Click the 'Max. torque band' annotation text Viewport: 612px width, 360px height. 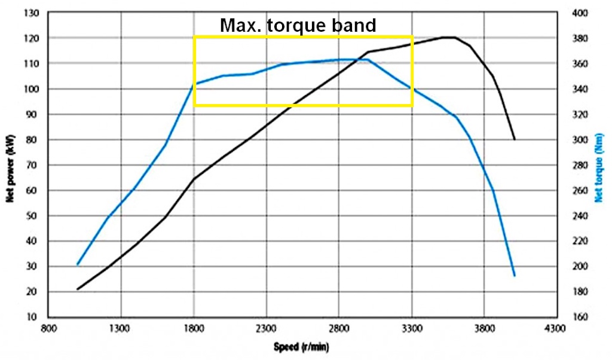(298, 25)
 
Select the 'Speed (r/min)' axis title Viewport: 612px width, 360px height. (301, 346)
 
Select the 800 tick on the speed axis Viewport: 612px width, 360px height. (48, 328)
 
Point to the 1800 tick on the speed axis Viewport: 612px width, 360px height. (194, 328)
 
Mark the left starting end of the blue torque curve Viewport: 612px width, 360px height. (78, 264)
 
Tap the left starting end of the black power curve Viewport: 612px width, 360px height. (78, 289)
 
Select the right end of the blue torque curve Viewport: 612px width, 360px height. (515, 276)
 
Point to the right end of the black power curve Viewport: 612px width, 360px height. (515, 139)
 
